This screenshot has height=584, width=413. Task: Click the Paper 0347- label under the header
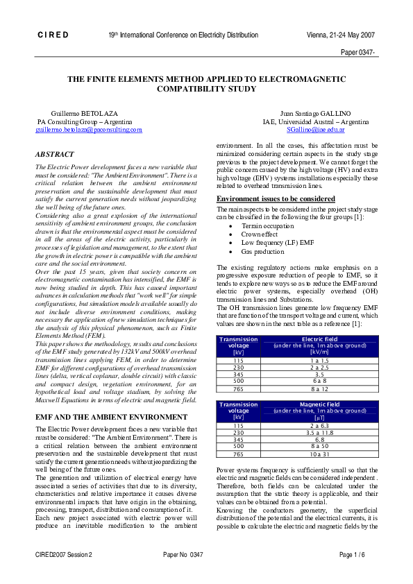pyautogui.click(x=358, y=52)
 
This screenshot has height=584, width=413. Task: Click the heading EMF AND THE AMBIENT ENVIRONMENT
pyautogui.click(x=111, y=417)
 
